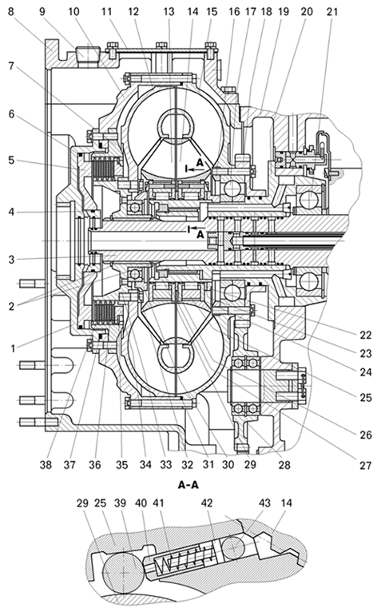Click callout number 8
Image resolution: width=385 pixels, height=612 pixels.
(11, 11)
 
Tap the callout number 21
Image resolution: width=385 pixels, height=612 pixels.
(332, 12)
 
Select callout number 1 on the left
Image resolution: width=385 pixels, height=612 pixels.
(13, 348)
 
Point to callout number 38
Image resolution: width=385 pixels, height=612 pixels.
(46, 465)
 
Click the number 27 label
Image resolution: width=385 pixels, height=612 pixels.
(366, 465)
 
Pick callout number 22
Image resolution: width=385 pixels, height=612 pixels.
(366, 335)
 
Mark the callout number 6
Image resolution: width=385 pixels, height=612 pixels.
(11, 114)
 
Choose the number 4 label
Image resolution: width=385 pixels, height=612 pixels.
(11, 212)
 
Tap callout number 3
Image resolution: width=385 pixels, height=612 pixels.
(11, 259)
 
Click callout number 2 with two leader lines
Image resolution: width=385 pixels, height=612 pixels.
(11, 306)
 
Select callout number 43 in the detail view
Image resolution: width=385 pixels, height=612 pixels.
(264, 503)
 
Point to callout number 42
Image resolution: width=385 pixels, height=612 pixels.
(207, 503)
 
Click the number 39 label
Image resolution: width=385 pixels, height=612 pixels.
(120, 503)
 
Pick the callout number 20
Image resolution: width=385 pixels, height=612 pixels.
(307, 12)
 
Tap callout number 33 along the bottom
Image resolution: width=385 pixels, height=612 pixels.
(166, 465)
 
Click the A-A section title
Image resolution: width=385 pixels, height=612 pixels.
(189, 485)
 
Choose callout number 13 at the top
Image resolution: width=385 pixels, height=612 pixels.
(169, 12)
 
